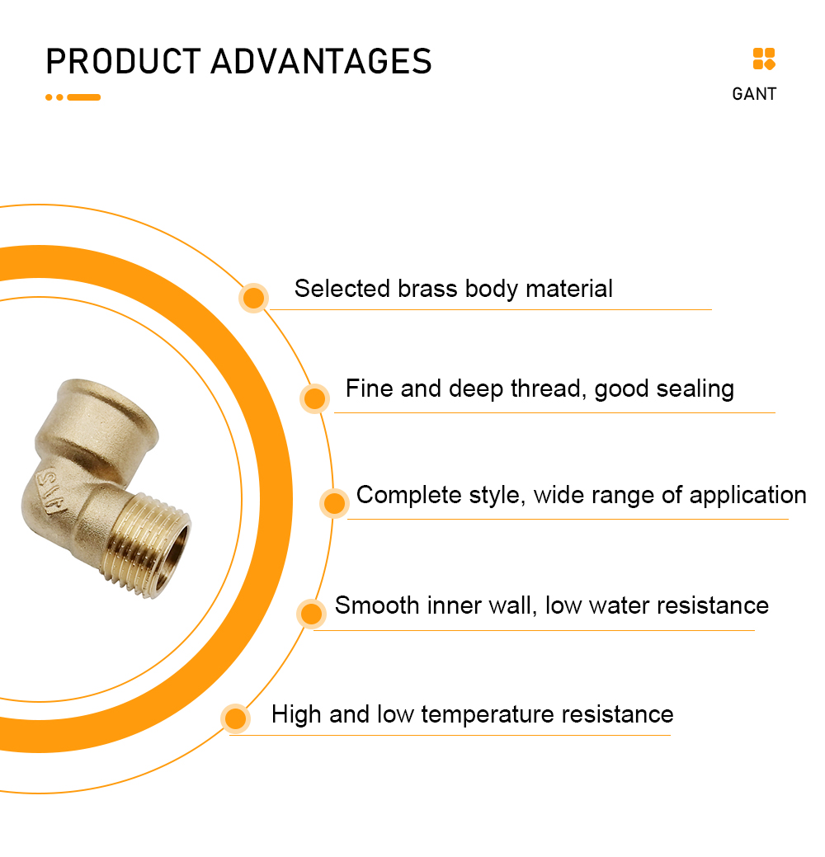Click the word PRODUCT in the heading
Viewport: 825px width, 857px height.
coord(124,61)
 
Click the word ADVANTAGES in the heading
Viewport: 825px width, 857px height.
coord(322,61)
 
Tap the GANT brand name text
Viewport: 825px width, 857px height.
coord(754,94)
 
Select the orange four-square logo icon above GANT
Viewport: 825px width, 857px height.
coord(764,59)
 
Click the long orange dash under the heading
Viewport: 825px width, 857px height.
coord(83,97)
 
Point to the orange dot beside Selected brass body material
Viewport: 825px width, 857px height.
coord(253,298)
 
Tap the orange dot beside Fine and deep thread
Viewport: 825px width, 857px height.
coord(314,398)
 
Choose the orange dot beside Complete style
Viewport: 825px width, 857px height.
coord(334,503)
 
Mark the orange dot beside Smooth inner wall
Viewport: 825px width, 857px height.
coord(311,613)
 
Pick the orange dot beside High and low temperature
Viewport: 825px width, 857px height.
coord(236,718)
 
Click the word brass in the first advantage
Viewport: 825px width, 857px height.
coord(427,289)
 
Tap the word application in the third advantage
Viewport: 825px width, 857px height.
coord(747,496)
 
